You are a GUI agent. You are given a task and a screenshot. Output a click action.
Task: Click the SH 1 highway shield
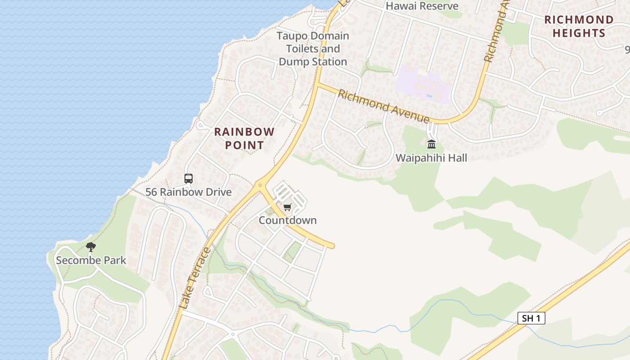coord(531,319)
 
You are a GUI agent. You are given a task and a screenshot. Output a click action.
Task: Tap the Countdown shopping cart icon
coord(287,207)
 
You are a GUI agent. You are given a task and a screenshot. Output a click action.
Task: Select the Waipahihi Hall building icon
coord(432,144)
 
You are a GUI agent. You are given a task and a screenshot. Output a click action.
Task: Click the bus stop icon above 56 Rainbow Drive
coord(189,179)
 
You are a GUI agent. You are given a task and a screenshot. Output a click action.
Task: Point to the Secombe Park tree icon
coord(91,247)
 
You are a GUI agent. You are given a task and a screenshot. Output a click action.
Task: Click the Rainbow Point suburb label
coord(244,138)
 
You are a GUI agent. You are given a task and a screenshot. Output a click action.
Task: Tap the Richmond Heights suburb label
coord(579,26)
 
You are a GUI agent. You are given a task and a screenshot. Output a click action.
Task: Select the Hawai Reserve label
coord(422,6)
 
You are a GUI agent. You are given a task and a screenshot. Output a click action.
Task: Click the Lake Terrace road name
coord(194,278)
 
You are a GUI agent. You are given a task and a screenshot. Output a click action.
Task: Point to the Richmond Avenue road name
coord(383,106)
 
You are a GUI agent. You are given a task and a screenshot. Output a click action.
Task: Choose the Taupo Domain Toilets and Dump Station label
coord(313,49)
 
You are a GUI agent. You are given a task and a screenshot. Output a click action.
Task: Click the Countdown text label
coord(288,220)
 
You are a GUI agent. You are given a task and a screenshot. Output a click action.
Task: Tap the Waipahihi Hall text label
coord(431,158)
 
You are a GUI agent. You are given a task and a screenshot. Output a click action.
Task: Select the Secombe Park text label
coord(91,261)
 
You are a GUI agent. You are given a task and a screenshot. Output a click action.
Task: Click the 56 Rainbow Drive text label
coord(188,192)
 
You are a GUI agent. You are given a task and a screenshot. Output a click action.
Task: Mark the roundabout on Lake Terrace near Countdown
coord(260,184)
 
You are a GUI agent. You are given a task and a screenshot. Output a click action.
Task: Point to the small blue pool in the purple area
coord(429,95)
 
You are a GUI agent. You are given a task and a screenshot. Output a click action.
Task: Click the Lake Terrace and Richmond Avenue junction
coord(317,84)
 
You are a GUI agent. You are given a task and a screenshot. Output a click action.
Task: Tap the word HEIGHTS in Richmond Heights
coord(579,33)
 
